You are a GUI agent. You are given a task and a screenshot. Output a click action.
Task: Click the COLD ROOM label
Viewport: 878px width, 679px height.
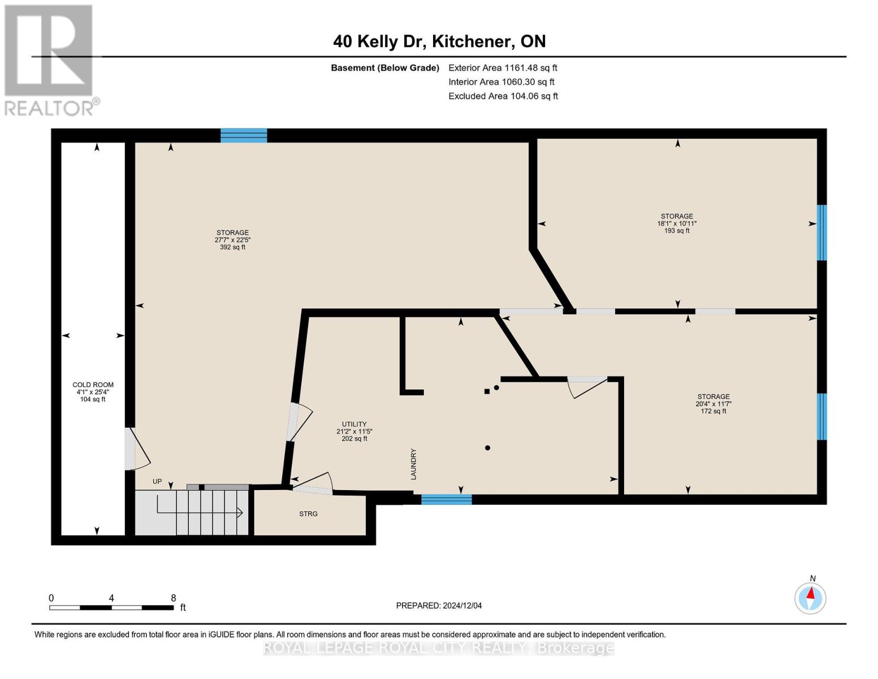coord(93,385)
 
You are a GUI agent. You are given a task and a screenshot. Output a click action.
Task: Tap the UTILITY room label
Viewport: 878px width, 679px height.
coord(354,424)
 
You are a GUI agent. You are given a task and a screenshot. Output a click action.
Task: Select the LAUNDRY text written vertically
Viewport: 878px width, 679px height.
coord(413,464)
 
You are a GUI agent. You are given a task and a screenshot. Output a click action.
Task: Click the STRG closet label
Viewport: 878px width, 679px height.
coord(308,514)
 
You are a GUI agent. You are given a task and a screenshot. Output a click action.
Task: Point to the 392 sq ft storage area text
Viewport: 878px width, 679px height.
coord(232,247)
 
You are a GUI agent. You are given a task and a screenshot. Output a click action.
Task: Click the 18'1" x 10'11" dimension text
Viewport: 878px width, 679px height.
coord(677,224)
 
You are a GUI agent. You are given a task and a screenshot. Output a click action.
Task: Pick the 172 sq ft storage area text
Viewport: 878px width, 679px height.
coord(713,411)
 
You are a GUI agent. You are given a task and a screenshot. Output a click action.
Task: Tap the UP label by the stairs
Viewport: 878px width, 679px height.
coord(157,482)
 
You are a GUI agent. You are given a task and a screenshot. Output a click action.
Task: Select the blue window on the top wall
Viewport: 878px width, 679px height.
coord(244,135)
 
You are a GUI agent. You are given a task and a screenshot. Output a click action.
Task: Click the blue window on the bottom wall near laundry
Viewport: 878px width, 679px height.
coord(446,499)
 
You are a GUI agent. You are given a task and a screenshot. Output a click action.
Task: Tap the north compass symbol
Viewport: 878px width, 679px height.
coord(810,598)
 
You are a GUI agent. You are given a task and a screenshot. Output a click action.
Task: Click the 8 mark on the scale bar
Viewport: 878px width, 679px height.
coord(173,598)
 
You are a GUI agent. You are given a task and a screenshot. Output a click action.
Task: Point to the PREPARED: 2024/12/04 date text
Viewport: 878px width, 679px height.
coord(439,605)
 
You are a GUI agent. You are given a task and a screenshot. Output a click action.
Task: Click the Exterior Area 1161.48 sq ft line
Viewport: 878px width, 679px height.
coord(503,68)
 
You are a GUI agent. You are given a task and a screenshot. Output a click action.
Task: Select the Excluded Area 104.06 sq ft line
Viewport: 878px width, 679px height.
coord(503,96)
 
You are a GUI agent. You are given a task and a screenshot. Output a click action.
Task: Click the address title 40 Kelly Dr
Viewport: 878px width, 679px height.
coord(439,41)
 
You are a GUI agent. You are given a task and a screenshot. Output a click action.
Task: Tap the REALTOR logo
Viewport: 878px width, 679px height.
coord(50,59)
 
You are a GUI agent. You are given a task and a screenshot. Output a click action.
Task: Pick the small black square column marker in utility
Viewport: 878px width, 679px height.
coord(487,391)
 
